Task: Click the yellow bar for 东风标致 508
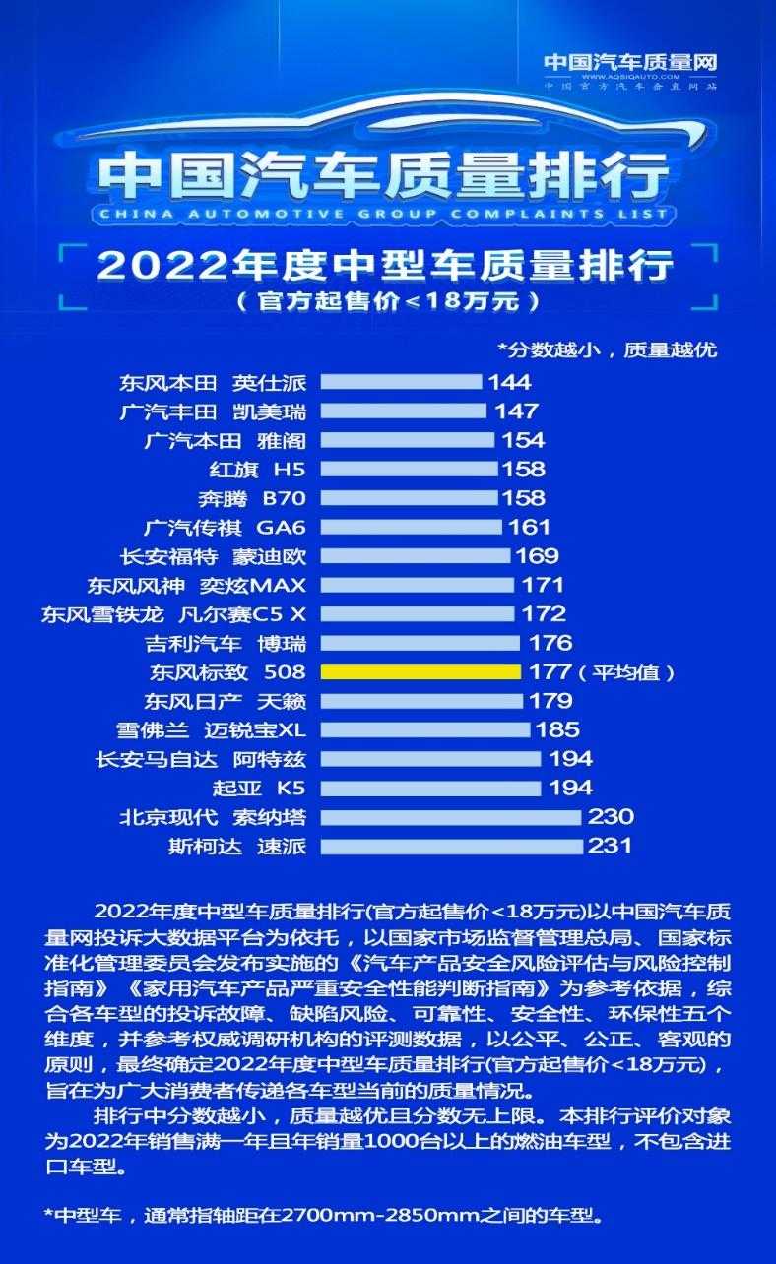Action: (x=420, y=672)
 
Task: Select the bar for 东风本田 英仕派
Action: (x=401, y=382)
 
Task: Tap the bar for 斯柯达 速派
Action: (x=451, y=846)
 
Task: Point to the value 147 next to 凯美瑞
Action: (x=514, y=411)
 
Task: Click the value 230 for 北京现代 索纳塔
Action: (x=611, y=817)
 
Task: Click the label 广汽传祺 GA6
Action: (x=226, y=527)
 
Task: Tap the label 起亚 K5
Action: (x=261, y=788)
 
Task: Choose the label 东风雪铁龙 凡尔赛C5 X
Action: (x=173, y=614)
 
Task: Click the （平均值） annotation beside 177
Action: (x=627, y=672)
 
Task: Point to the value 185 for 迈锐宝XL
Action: (x=556, y=730)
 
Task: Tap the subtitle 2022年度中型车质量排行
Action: (x=387, y=265)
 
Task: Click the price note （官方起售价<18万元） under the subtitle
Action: (x=387, y=300)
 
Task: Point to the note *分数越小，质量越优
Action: (x=607, y=349)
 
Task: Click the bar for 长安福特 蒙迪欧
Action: (x=416, y=556)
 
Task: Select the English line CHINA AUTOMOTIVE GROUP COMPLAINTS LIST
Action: (x=387, y=214)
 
